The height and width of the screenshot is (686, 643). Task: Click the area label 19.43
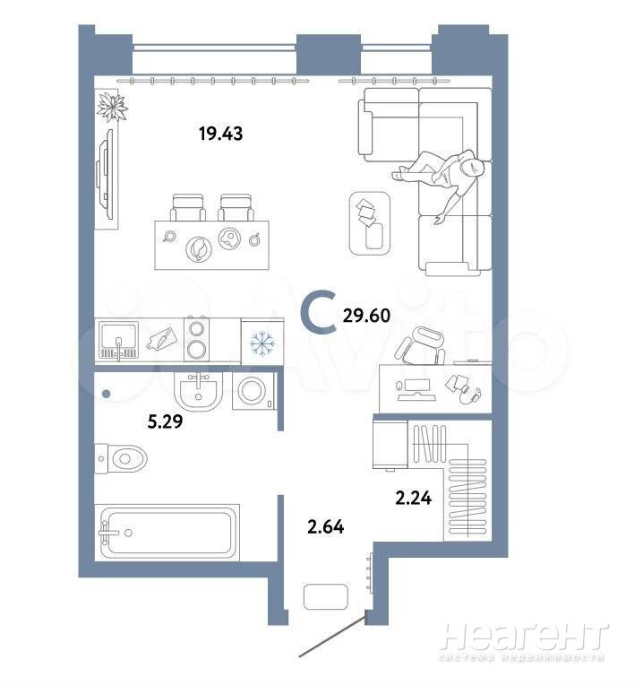click(x=220, y=134)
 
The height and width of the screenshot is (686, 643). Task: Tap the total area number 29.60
click(x=366, y=316)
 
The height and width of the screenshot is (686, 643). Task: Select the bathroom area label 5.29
click(x=165, y=421)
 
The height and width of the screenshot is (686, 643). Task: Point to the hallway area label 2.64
click(x=325, y=526)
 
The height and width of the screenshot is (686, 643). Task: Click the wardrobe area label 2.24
click(x=413, y=498)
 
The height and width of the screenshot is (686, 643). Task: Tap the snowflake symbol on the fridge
click(x=262, y=343)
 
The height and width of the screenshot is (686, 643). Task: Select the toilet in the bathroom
click(x=121, y=458)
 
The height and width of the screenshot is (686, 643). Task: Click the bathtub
click(x=167, y=532)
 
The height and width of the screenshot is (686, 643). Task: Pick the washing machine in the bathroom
click(x=253, y=391)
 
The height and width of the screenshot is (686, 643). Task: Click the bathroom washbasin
click(x=199, y=391)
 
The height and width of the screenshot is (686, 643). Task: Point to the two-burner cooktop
click(x=196, y=340)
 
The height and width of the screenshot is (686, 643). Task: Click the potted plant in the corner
click(x=112, y=107)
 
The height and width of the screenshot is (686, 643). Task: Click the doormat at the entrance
click(x=326, y=596)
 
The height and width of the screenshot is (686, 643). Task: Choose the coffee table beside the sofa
click(x=370, y=223)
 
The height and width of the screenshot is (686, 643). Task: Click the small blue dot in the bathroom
click(x=107, y=394)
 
